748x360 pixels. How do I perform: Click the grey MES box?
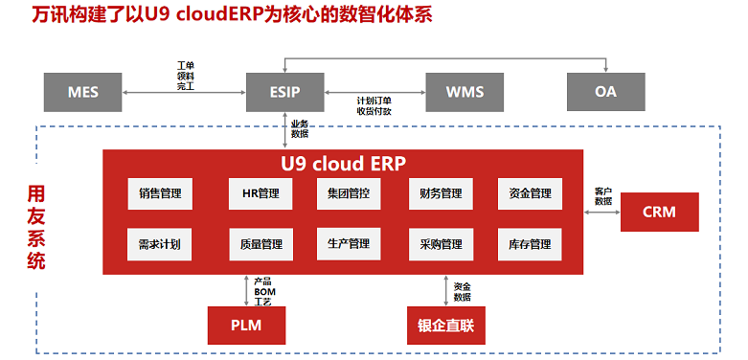pos(83,92)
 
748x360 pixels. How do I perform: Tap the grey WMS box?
pos(465,92)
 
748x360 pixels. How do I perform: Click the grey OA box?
pos(605,92)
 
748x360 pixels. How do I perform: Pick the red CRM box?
pos(659,212)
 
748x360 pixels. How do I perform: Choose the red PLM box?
pos(246,326)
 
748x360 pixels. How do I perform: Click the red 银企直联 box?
pos(445,326)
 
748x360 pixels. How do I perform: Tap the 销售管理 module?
pos(160,193)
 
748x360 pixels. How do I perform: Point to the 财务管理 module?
pos(441,193)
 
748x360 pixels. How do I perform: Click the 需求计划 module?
pos(160,244)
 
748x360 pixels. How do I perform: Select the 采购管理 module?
pos(441,244)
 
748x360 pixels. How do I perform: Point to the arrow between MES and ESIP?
pos(186,93)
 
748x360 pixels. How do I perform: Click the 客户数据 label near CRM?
pos(602,196)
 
